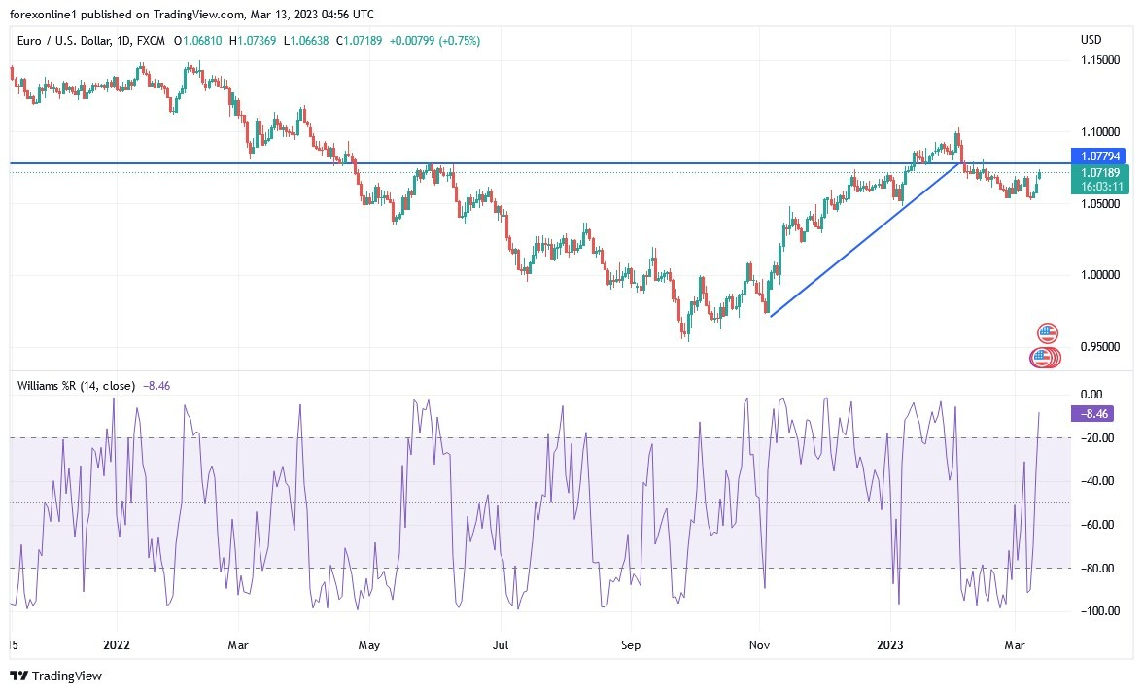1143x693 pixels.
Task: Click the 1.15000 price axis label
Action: click(x=1099, y=60)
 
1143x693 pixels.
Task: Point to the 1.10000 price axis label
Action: click(x=1099, y=131)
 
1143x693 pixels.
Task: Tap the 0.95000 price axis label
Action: click(x=1099, y=347)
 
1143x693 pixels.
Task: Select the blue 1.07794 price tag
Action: click(x=1094, y=156)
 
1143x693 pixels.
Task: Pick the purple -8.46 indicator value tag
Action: click(x=1091, y=413)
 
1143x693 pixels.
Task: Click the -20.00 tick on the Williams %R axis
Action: click(x=1097, y=437)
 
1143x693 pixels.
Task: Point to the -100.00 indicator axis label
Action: click(x=1096, y=610)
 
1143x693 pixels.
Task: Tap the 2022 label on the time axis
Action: click(x=116, y=643)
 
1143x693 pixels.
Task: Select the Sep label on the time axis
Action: click(x=630, y=643)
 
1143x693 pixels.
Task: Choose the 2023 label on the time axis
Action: click(x=890, y=643)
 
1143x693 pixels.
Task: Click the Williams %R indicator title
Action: click(x=76, y=386)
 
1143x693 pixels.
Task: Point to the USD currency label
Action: click(x=1091, y=40)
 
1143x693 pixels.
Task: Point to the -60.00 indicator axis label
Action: click(x=1097, y=524)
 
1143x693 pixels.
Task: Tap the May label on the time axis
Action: click(x=368, y=643)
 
